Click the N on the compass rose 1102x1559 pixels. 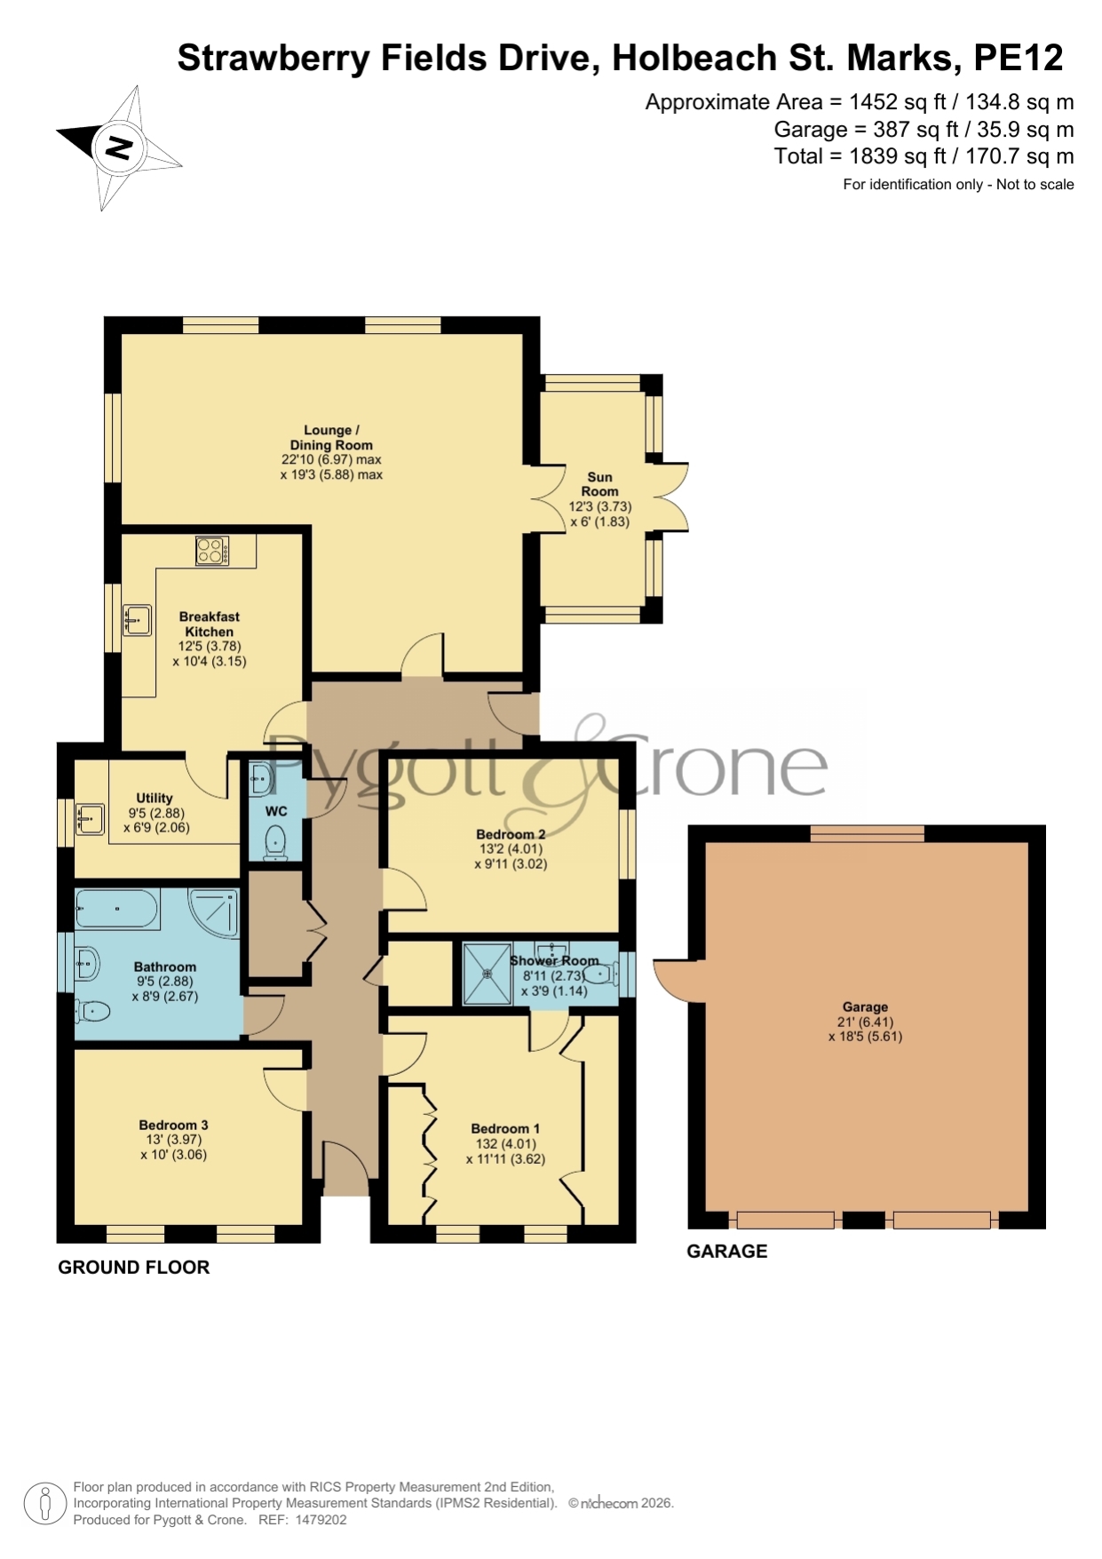tap(118, 147)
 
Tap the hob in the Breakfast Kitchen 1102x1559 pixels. tap(212, 551)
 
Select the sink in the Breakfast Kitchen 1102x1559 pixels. tap(137, 620)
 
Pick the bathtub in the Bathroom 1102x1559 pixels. tap(117, 909)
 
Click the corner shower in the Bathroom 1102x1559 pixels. tap(214, 912)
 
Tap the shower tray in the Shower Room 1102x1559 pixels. tap(487, 974)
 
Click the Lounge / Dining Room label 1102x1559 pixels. tap(330, 437)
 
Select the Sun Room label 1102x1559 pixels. tap(600, 484)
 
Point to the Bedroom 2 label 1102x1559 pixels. tap(511, 834)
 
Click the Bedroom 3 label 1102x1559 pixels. tap(173, 1125)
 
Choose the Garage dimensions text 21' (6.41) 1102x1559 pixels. tap(865, 1022)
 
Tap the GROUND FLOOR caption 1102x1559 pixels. tap(134, 1268)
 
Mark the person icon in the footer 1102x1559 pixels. tap(44, 1504)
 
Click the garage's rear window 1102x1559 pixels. tap(867, 833)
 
